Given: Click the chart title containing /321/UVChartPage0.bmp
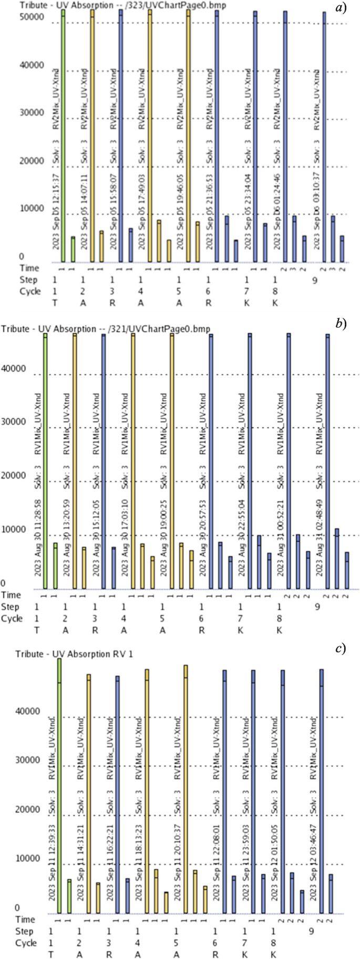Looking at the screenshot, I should [105, 329].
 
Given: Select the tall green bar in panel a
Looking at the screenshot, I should [63, 137].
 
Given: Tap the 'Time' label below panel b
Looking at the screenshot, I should [11, 595].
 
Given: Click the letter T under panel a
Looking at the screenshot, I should [54, 303].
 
